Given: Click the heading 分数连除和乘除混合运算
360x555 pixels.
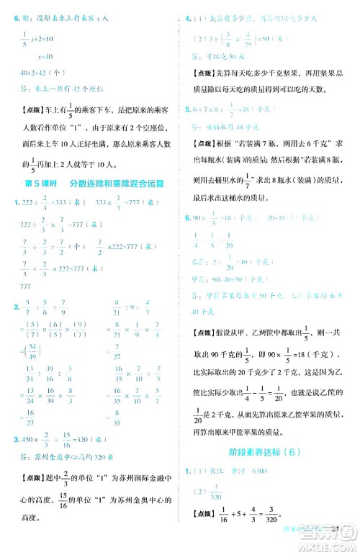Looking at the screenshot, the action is pyautogui.click(x=122, y=184).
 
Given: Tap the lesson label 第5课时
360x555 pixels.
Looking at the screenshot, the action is pyautogui.click(x=45, y=184).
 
